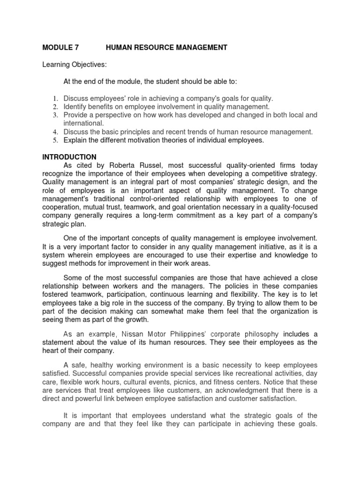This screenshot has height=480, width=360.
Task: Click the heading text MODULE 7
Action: (x=61, y=47)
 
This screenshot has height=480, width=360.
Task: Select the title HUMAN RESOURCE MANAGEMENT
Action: (x=166, y=47)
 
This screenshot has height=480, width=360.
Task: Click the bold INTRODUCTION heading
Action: (x=69, y=157)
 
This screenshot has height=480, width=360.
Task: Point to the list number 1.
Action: (x=54, y=98)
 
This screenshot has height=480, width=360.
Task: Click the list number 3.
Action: (x=54, y=115)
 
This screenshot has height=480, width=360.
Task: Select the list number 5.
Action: (x=54, y=140)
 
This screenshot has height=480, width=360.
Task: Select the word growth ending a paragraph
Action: (x=136, y=320)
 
